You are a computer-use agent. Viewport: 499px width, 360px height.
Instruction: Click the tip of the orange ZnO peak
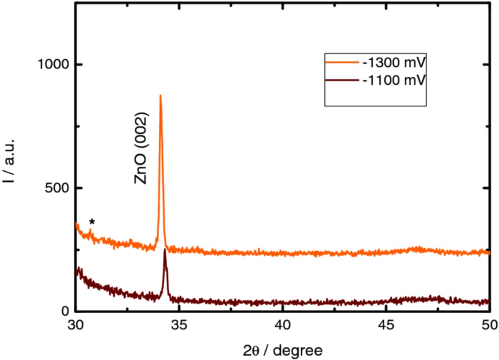pos(160,96)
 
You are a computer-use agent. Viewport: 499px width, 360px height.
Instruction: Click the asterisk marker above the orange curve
pos(92,222)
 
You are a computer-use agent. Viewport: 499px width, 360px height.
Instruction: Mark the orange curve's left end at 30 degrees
pos(76,224)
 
